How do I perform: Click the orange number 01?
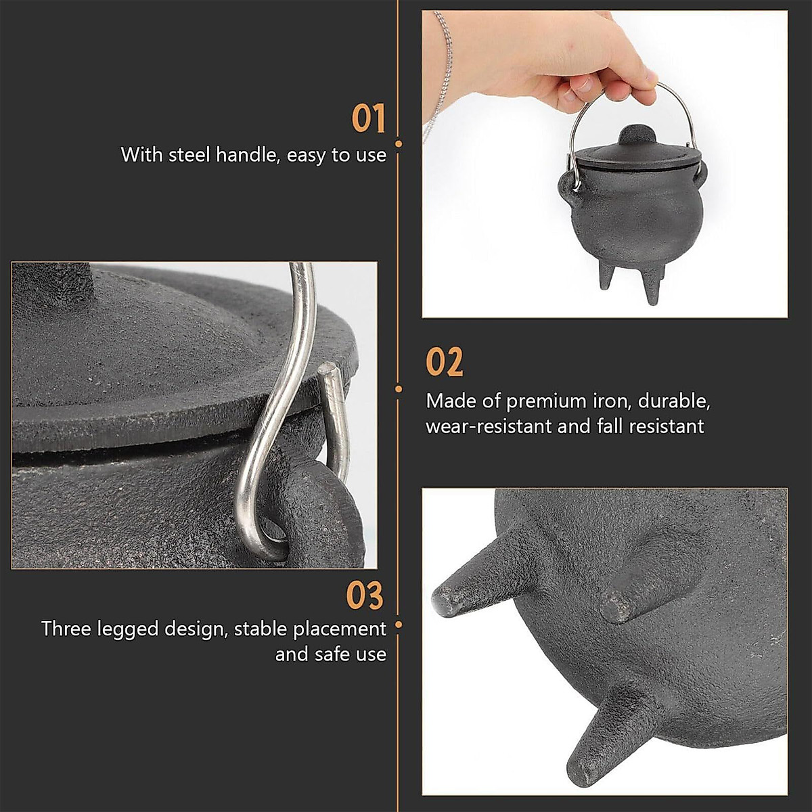pyautogui.click(x=368, y=119)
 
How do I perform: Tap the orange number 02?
pyautogui.click(x=445, y=363)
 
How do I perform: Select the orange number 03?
pyautogui.click(x=365, y=595)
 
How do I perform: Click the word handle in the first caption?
pyautogui.click(x=246, y=155)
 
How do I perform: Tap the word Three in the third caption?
pyautogui.click(x=66, y=629)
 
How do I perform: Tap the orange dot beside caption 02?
pyautogui.click(x=399, y=388)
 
